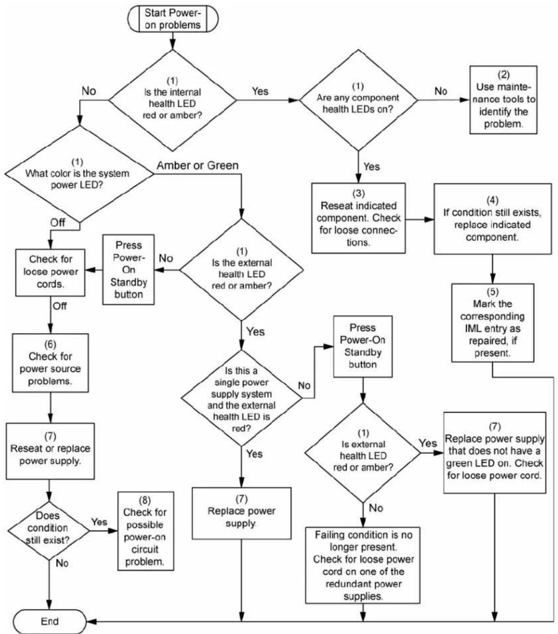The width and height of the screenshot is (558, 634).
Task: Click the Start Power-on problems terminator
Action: (173, 19)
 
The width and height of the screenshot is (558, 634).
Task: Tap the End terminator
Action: (50, 621)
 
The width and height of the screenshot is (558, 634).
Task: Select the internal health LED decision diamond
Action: (173, 101)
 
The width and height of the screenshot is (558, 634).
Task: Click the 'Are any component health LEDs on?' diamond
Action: (358, 101)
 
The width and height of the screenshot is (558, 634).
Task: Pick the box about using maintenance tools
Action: (503, 100)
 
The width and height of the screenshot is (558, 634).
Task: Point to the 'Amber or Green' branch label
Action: (198, 165)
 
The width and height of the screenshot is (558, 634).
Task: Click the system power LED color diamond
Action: (79, 174)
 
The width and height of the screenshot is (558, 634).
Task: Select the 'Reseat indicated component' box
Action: (358, 218)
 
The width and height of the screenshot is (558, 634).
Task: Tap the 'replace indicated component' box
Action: (492, 219)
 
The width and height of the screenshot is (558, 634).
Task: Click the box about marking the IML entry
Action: (492, 323)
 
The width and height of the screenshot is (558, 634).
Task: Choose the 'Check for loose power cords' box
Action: (51, 273)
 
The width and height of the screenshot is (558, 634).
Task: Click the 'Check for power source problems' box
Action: (51, 363)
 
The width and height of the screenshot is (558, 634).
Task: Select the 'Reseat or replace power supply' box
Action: (50, 451)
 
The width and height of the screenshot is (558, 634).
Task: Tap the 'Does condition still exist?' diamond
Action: (49, 531)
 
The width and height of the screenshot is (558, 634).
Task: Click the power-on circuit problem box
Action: (146, 531)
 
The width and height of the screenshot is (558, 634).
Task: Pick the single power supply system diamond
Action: (242, 398)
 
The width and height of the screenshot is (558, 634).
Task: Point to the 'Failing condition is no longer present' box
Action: (363, 565)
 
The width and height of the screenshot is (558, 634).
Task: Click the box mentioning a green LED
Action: (495, 453)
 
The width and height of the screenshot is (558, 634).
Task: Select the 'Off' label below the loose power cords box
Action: (60, 306)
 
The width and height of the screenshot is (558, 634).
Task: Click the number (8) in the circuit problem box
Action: (145, 500)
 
